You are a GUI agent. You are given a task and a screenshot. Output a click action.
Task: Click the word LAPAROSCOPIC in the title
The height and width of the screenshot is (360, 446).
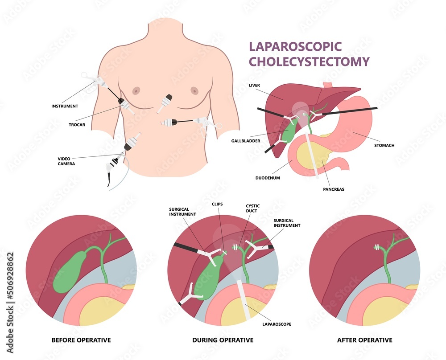295,47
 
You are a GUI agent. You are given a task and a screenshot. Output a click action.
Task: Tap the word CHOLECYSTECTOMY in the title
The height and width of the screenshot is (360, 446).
309,61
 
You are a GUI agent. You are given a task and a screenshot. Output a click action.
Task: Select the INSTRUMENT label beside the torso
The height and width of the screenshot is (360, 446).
65,106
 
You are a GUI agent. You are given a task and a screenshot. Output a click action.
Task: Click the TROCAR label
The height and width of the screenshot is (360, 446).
77,125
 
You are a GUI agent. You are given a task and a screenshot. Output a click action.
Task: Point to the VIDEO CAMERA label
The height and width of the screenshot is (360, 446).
66,161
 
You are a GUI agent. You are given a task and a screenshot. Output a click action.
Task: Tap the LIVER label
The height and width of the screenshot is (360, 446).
254,85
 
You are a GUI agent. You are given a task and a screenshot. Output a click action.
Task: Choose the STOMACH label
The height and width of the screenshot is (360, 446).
384,145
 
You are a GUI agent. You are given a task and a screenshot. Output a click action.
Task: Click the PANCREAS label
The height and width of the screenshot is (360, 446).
334,189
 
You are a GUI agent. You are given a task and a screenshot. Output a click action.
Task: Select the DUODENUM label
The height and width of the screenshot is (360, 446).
268,178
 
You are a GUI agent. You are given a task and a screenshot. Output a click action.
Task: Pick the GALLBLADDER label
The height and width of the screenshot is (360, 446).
246,141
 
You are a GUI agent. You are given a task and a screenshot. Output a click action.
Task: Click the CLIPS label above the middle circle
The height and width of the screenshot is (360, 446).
217,204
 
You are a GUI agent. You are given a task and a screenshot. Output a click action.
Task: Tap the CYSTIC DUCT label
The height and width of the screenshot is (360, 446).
252,208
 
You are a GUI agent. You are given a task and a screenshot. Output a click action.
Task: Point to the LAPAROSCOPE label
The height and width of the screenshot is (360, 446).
277,324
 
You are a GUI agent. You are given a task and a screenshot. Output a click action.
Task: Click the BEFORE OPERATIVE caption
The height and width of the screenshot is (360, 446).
81,340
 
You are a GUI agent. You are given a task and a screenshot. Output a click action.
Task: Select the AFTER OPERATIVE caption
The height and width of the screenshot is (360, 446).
365,340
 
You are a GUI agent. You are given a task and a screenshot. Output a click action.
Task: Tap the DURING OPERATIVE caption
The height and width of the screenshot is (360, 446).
223,340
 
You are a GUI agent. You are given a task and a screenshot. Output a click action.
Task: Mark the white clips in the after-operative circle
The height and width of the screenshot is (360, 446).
377,248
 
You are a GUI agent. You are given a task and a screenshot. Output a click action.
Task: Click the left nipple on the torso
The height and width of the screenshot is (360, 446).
136,90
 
